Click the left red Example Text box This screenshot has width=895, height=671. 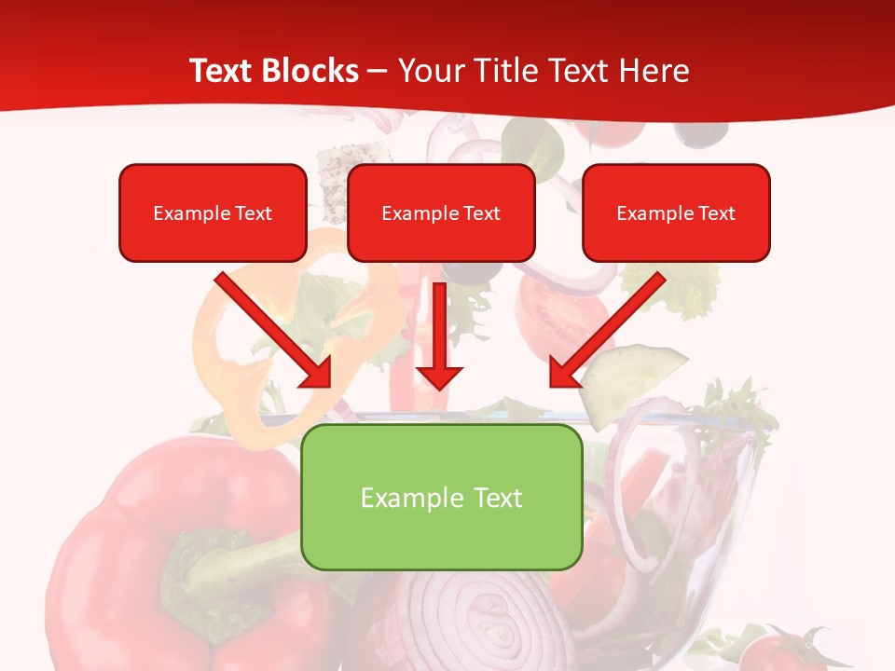(213, 213)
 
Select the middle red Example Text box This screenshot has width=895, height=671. (441, 213)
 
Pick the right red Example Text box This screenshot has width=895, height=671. (676, 213)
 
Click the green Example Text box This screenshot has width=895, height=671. (442, 498)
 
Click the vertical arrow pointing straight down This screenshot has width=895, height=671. (439, 335)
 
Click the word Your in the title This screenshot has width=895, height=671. (426, 71)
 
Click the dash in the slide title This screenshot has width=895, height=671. (378, 71)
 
